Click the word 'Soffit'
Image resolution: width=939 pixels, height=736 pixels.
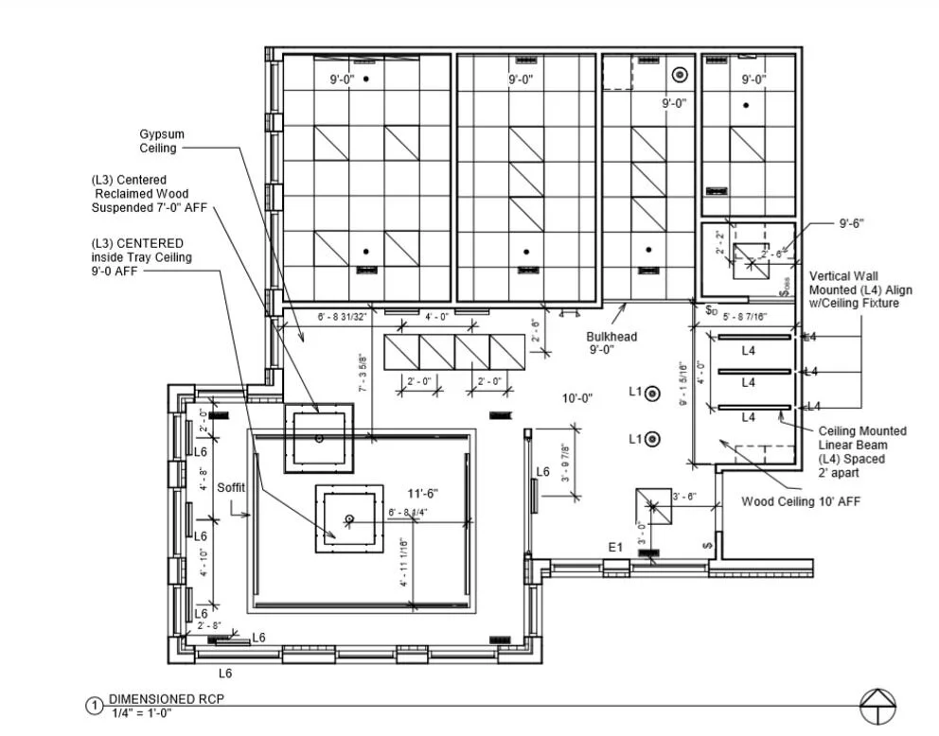point(232,488)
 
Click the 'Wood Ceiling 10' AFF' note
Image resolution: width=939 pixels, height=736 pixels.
point(801,501)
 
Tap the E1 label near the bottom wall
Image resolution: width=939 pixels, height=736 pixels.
point(615,547)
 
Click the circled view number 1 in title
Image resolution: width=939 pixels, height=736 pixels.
point(94,706)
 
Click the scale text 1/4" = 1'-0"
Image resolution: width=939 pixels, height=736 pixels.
point(143,712)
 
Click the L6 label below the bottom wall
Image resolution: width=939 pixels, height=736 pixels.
point(225,674)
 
